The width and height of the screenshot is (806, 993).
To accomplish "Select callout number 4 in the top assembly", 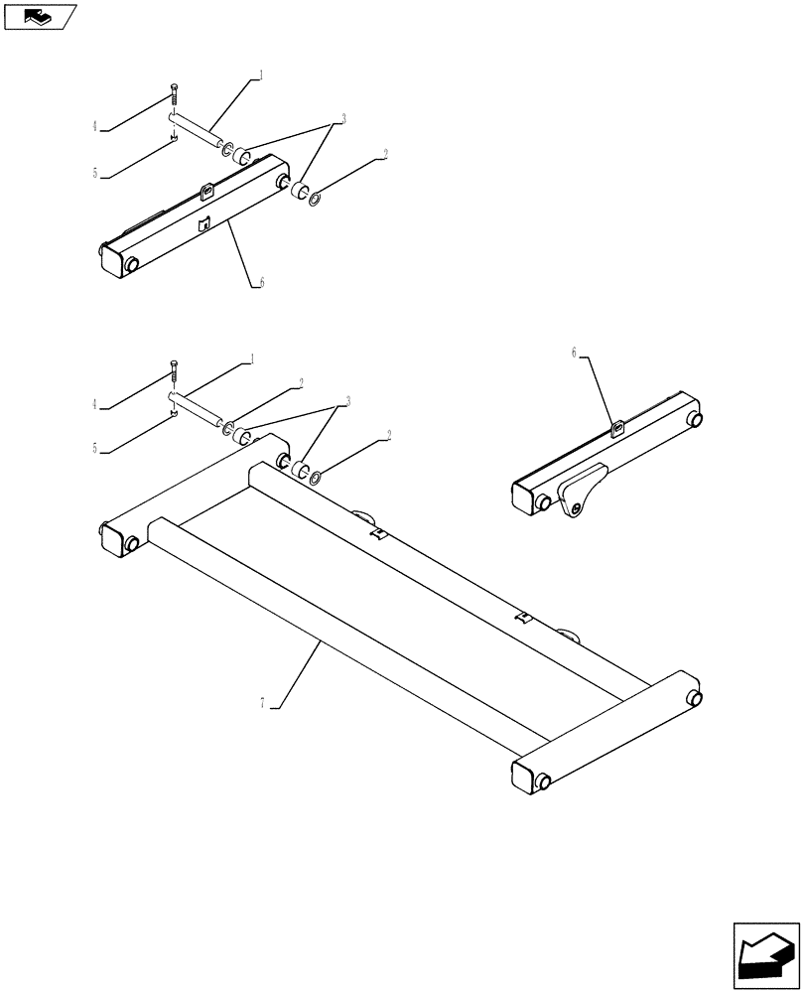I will tap(95, 126).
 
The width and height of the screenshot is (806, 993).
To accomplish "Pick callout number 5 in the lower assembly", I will tap(95, 448).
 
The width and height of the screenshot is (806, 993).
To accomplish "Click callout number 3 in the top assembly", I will tap(342, 118).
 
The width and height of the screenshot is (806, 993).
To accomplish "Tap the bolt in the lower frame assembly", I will tap(173, 372).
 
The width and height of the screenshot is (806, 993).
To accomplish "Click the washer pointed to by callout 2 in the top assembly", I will tap(315, 201).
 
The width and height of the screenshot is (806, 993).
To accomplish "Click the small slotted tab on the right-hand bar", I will tap(616, 428).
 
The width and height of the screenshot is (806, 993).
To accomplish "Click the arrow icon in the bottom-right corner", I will tap(765, 954).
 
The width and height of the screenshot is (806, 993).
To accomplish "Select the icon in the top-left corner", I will tap(40, 16).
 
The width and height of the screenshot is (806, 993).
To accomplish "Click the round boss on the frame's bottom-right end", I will tap(543, 781).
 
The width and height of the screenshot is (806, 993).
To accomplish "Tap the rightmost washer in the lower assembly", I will tap(315, 479).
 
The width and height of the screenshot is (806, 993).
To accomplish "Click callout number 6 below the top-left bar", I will tap(261, 282).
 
